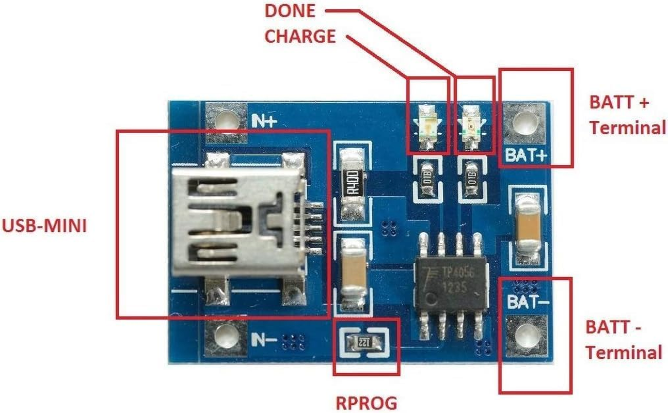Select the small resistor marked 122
click(365, 342)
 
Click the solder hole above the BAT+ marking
click(525, 123)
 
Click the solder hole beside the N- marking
click(225, 337)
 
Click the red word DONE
click(290, 11)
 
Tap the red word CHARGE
click(300, 37)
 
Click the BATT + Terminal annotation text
click(626, 115)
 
